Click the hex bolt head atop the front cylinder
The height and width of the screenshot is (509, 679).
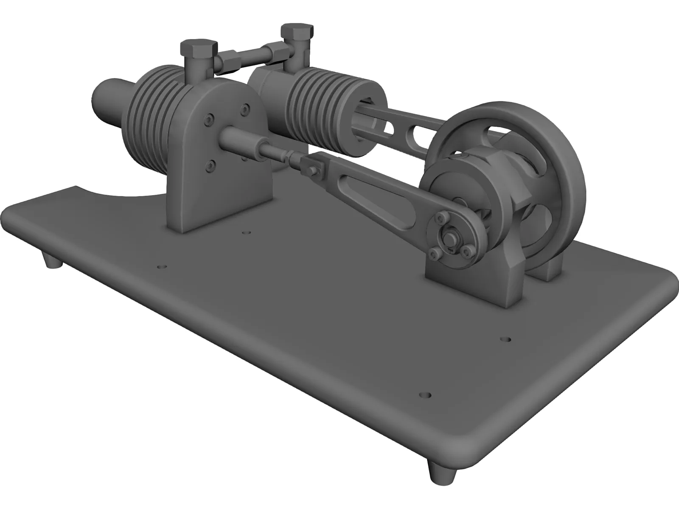tap(198, 47)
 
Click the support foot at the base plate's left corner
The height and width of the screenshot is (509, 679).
tap(53, 260)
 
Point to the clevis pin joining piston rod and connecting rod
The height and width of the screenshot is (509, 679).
tap(314, 170)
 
